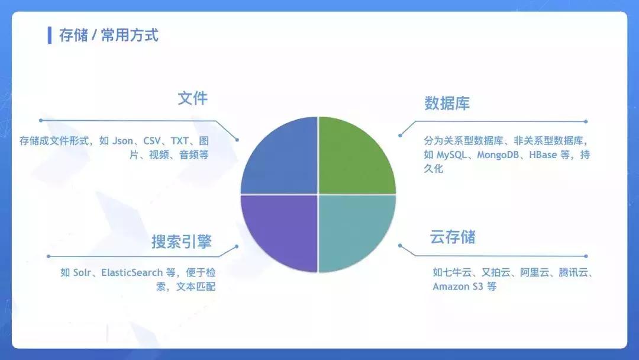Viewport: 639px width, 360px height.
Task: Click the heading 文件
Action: [193, 98]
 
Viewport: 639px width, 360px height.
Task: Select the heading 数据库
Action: [447, 104]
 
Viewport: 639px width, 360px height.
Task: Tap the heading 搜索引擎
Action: [182, 242]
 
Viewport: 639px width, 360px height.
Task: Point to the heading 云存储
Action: [453, 237]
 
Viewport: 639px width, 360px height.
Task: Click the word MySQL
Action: [452, 155]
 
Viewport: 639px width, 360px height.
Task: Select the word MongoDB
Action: [501, 155]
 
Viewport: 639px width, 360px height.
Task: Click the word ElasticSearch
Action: [131, 273]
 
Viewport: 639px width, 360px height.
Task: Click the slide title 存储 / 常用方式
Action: [109, 35]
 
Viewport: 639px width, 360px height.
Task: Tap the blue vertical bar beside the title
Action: [50, 35]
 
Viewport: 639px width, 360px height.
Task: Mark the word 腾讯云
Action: [570, 273]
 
